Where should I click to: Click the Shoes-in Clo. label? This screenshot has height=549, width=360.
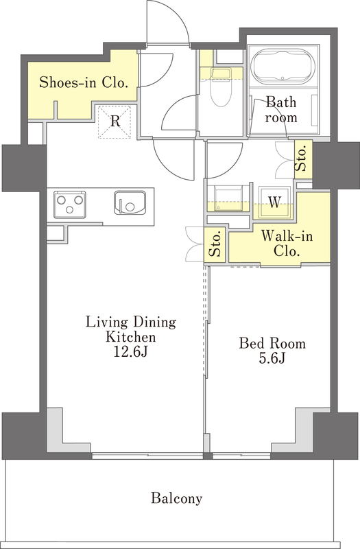pyautogui.click(x=82, y=82)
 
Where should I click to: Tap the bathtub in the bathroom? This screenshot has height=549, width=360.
pyautogui.click(x=284, y=67)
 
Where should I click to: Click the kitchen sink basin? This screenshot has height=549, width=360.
pyautogui.click(x=130, y=202)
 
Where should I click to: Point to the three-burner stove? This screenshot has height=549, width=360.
pyautogui.click(x=70, y=204)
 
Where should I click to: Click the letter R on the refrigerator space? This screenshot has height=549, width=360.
pyautogui.click(x=115, y=121)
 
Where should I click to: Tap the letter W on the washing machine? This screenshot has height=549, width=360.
pyautogui.click(x=275, y=202)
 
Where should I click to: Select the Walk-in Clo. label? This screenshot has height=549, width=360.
pyautogui.click(x=287, y=243)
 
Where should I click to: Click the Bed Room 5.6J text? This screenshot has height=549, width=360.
pyautogui.click(x=272, y=351)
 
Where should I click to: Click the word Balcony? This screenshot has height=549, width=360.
pyautogui.click(x=176, y=498)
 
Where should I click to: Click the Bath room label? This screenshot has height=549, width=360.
pyautogui.click(x=281, y=110)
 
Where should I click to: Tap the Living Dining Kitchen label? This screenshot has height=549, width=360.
pyautogui.click(x=131, y=329)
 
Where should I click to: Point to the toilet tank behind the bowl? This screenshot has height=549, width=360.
pyautogui.click(x=220, y=73)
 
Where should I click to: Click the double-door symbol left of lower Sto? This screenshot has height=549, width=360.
pyautogui.click(x=195, y=244)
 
